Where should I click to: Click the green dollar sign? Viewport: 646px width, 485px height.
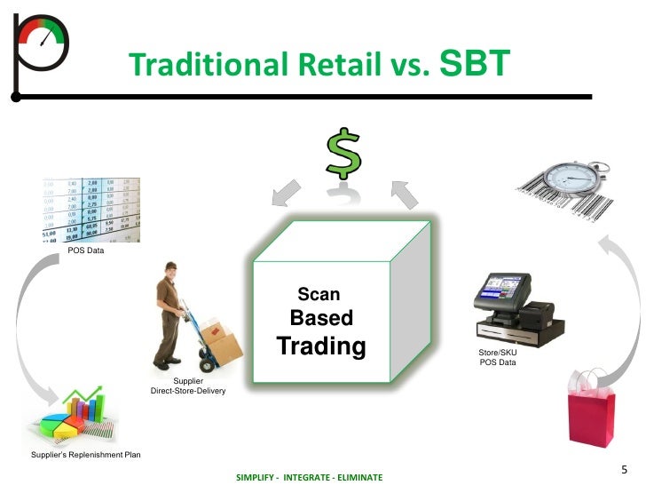click(343, 153)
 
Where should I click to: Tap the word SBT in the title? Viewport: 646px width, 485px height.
click(475, 63)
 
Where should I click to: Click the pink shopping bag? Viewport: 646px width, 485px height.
click(591, 413)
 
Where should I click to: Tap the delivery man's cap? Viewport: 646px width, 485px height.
click(171, 266)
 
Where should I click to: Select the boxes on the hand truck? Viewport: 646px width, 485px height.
click(220, 341)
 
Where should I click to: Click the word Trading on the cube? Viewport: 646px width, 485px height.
click(321, 346)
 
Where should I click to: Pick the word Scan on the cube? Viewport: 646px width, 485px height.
click(319, 294)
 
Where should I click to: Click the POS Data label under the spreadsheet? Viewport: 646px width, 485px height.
click(86, 250)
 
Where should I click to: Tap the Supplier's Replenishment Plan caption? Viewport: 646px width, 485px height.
click(86, 455)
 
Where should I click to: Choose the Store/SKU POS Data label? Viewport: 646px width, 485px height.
click(498, 357)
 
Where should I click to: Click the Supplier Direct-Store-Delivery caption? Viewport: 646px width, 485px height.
click(188, 386)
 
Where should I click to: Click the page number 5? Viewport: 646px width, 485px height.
click(624, 469)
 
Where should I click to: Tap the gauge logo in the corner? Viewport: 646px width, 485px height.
click(41, 56)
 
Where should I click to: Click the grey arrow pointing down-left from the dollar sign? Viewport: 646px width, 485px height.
click(287, 193)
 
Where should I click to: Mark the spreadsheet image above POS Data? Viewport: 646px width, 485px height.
click(91, 210)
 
